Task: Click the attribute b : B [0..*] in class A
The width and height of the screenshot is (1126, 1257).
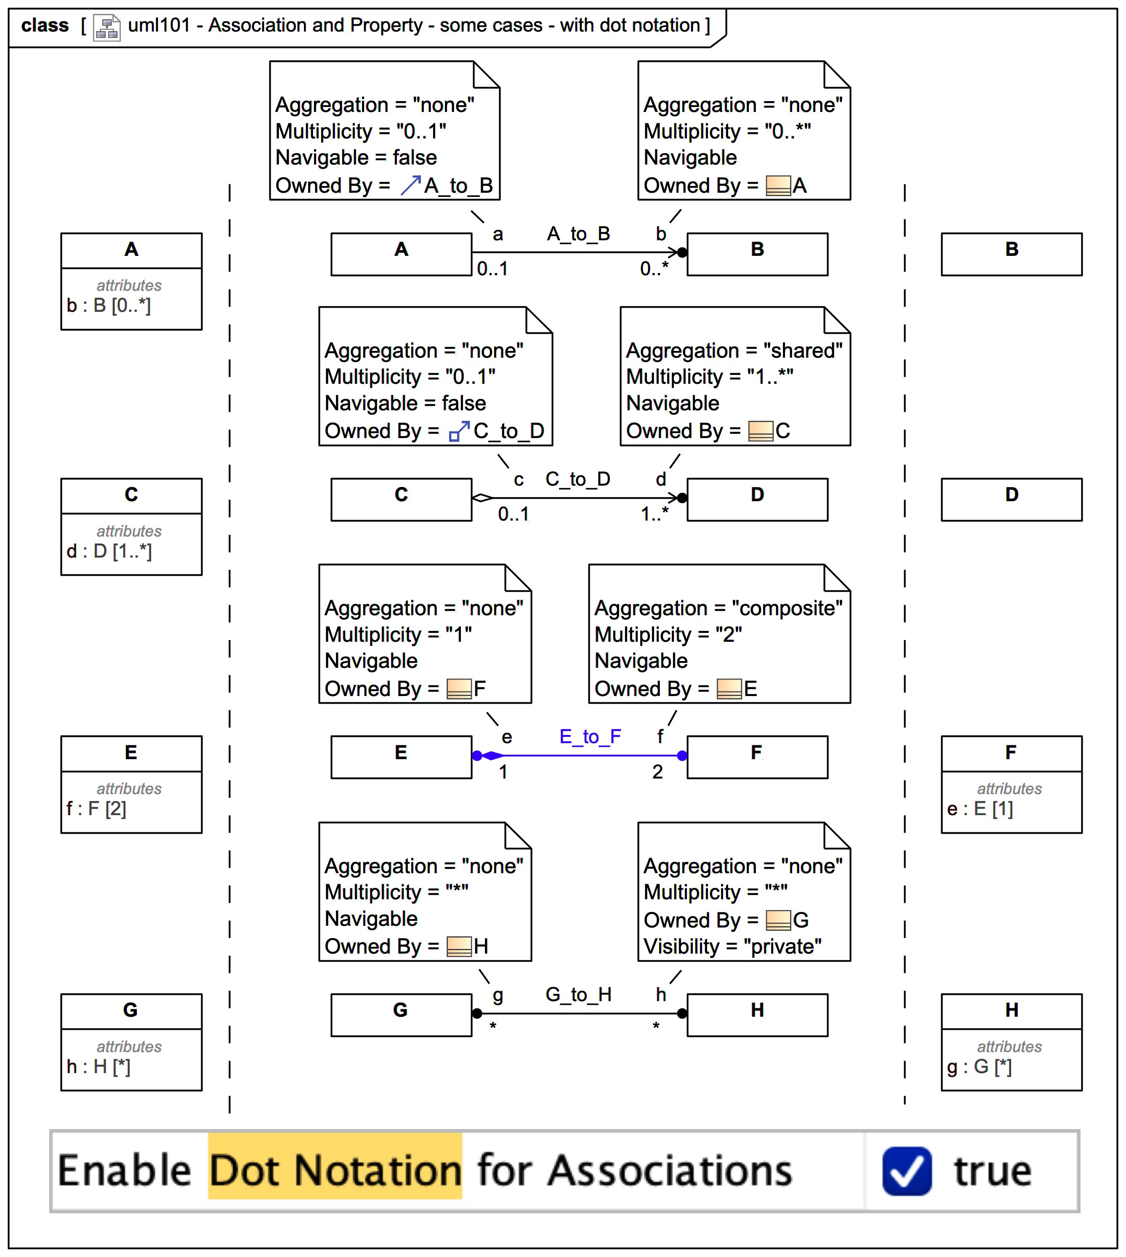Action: coord(109,306)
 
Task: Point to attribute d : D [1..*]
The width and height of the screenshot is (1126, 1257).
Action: coord(109,551)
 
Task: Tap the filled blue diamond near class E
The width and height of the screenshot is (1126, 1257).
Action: coord(493,755)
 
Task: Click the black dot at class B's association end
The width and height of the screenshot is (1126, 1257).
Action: coord(682,252)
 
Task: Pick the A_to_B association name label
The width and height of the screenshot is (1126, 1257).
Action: coord(578,234)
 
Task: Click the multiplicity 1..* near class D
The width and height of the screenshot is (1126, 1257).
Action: coord(655,514)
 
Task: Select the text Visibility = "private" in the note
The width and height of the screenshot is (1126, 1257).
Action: coord(732,946)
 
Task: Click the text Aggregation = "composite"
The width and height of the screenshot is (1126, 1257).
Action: coord(718,608)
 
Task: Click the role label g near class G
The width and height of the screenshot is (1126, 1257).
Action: coord(498,995)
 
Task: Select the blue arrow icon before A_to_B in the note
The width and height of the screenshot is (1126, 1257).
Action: coord(410,185)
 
